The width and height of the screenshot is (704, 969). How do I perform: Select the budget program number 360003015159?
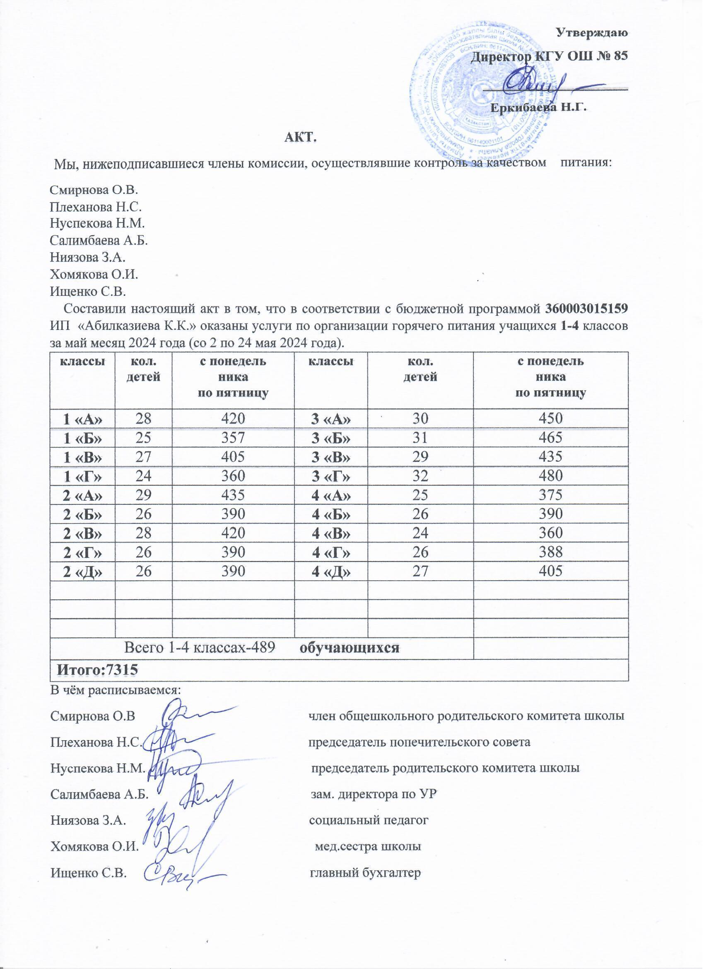pyautogui.click(x=587, y=308)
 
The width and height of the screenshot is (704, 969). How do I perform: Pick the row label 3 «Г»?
pyautogui.click(x=331, y=475)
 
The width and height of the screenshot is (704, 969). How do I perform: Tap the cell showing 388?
pyautogui.click(x=551, y=552)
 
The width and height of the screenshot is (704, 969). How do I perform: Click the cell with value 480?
pyautogui.click(x=551, y=475)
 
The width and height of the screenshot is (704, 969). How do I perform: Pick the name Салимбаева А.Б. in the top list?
pyautogui.click(x=99, y=241)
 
